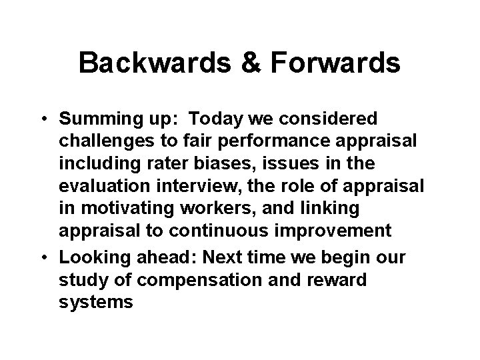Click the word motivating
(121, 209)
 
